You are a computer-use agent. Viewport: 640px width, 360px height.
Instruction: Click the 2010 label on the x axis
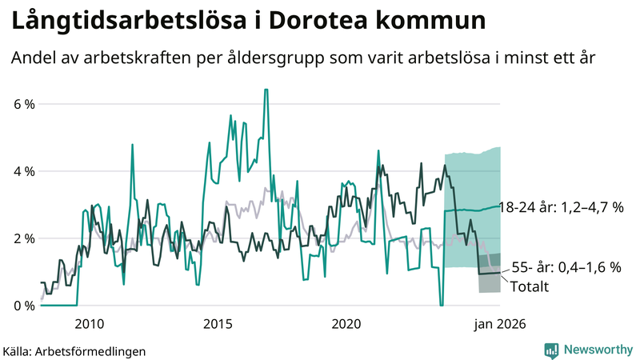[89, 324]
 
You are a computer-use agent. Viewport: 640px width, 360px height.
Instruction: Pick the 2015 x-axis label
[218, 324]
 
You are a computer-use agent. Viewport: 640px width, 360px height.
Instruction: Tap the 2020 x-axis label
[346, 324]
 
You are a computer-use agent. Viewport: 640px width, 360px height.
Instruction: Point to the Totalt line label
[529, 286]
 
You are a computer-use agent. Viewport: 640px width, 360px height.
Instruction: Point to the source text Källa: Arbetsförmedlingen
[74, 350]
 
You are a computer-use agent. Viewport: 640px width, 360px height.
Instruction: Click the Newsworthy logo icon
[552, 350]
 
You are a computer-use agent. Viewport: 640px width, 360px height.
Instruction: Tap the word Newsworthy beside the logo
[597, 350]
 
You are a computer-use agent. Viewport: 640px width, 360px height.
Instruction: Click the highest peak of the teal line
[266, 90]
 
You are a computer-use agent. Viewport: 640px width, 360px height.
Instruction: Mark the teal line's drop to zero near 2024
[441, 305]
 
